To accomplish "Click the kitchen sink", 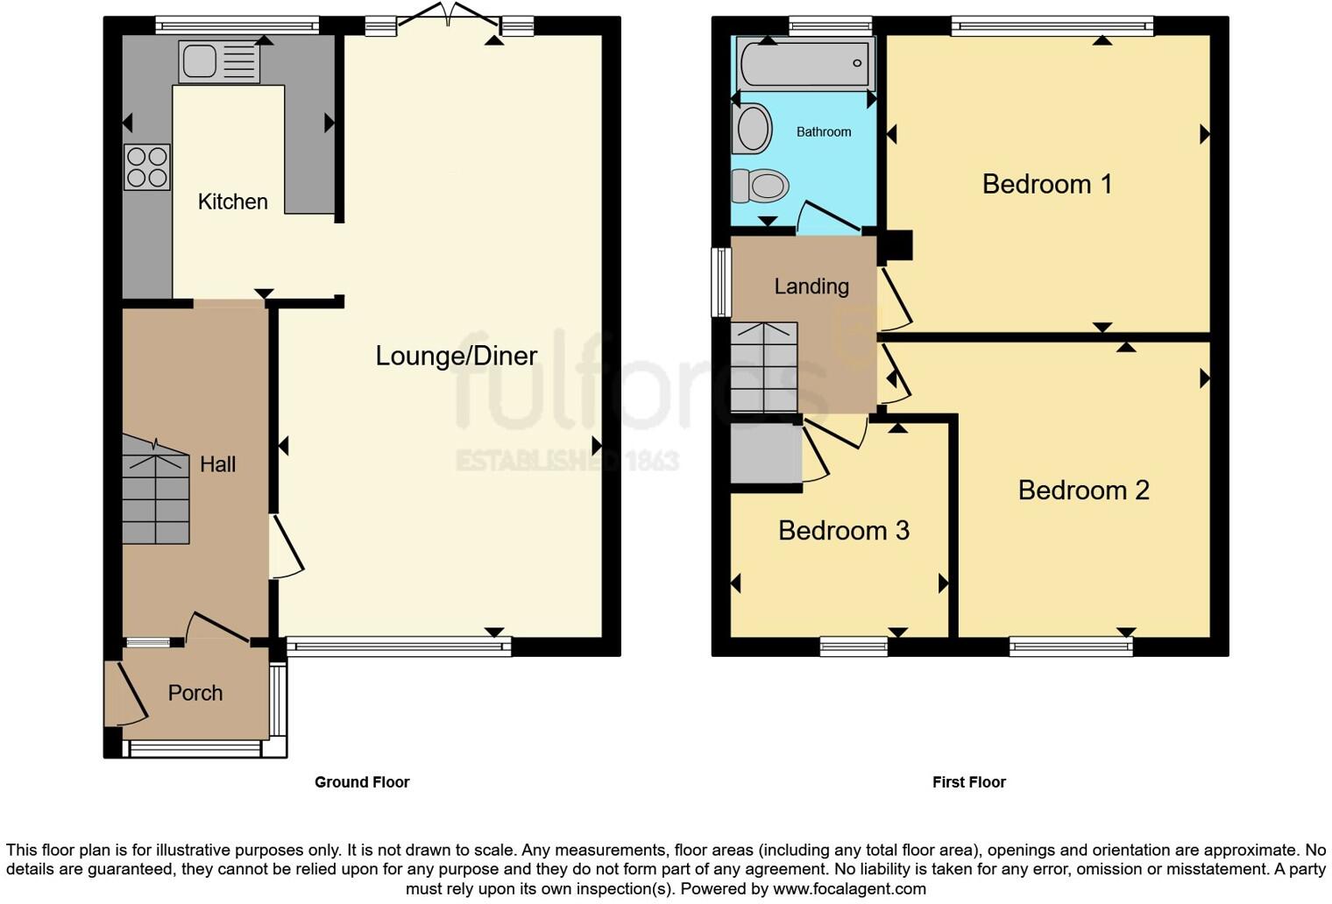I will pos(219,61).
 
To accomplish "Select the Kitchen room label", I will pos(232,201).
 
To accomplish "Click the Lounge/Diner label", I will pos(456,356).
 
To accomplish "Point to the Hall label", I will pos(217,464).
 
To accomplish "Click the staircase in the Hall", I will pos(155,495).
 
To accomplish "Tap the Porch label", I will pos(195,693).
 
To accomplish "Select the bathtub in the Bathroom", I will pos(805,63).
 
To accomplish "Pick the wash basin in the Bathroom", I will pos(752,129).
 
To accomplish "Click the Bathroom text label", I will pos(823,132).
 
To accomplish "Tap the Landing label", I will pos(811,286).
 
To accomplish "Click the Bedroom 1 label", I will pos(1046,184).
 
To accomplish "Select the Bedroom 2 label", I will pos(1083,490).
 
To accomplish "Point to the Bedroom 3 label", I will pos(843,531).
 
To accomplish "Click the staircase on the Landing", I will pos(764,368).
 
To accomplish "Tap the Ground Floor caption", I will pos(362,782).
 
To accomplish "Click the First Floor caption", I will pos(968,782).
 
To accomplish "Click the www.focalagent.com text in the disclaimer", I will pos(848,888).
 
